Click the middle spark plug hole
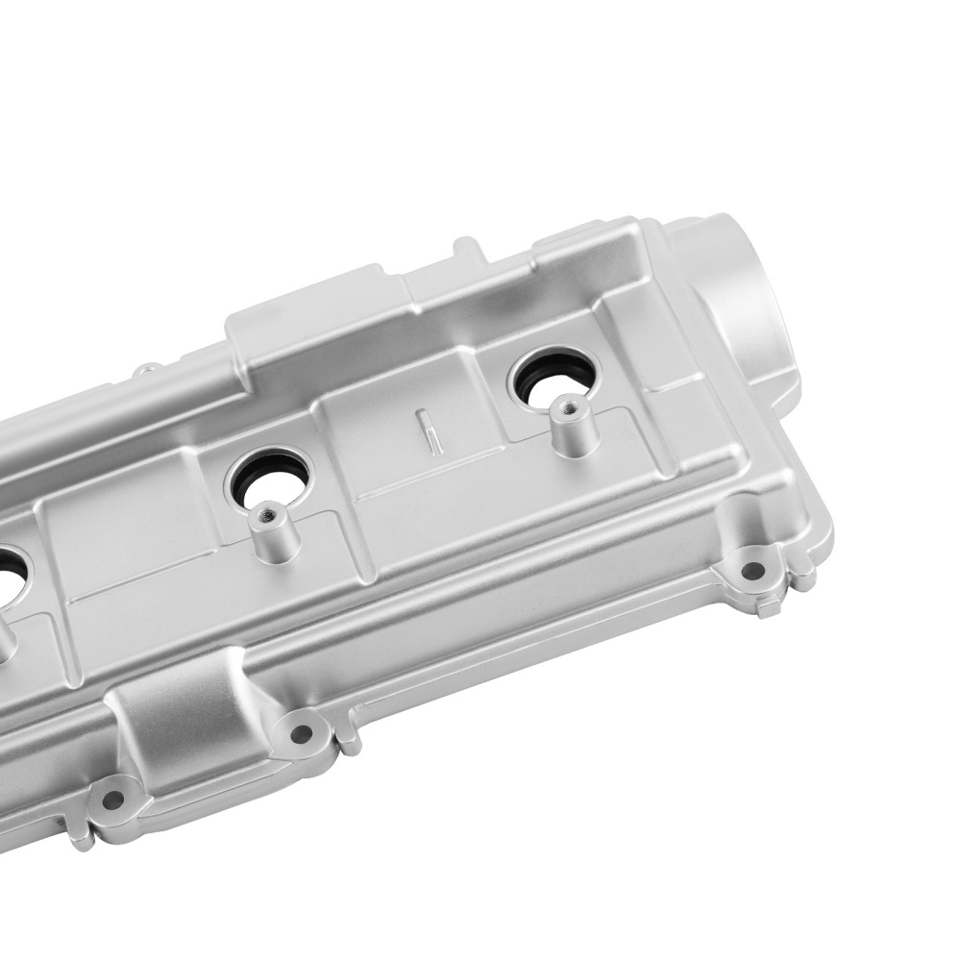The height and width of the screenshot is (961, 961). [x=272, y=477]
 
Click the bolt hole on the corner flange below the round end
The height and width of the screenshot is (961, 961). [x=753, y=570]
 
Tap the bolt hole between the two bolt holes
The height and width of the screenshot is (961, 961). [x=301, y=734]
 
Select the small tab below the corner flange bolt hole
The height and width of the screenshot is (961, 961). [x=769, y=605]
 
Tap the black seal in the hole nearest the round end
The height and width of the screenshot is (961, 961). [x=528, y=377]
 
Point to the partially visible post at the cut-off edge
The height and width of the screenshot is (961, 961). [x=5, y=639]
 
